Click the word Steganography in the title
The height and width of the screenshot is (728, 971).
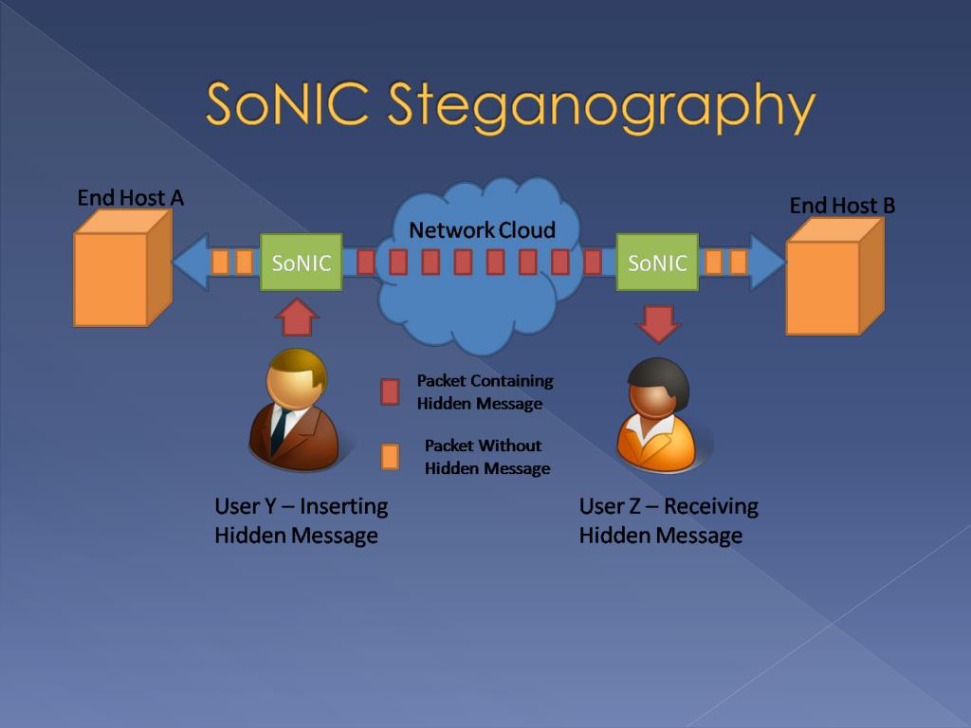point(601,106)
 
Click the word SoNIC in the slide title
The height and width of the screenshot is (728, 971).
point(288,102)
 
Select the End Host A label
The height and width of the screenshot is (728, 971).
point(131,197)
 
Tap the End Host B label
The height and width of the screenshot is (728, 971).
point(842,205)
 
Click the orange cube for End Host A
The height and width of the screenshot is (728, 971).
point(122,267)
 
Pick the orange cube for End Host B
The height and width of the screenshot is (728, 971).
point(834,276)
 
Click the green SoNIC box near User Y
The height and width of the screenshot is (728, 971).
point(301,263)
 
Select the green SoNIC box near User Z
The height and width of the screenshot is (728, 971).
point(657,263)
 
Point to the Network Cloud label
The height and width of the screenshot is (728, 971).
point(482,229)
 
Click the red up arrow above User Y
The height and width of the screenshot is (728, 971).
point(297,318)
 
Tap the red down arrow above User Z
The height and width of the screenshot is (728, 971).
point(658,324)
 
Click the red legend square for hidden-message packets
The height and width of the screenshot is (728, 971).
point(390,391)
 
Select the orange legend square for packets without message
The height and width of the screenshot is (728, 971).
point(390,457)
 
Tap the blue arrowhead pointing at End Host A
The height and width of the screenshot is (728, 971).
point(190,262)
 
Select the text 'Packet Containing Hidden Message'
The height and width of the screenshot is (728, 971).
point(485,391)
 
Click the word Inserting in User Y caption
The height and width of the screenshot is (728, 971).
point(343,506)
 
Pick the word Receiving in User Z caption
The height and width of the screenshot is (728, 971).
point(711,507)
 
